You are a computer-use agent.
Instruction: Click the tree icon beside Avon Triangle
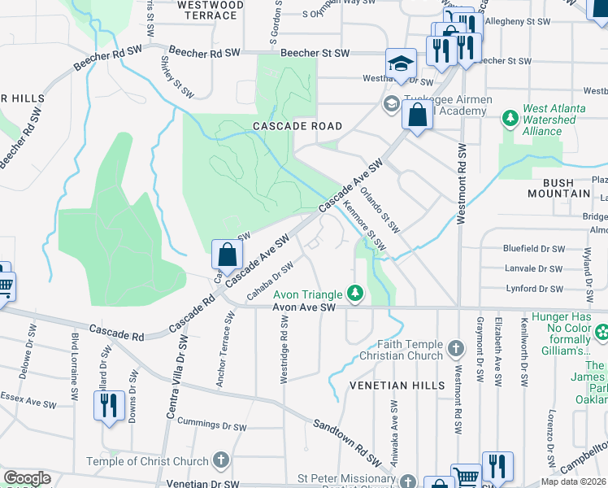[354, 292]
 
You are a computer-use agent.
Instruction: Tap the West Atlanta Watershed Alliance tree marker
[510, 119]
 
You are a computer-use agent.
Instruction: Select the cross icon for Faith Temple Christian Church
[456, 350]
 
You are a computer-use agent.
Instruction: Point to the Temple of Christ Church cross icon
[219, 461]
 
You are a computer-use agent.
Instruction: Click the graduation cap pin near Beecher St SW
[399, 64]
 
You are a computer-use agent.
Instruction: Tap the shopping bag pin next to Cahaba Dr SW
[227, 255]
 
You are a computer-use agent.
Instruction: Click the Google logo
[27, 477]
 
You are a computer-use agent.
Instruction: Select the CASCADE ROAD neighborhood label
[297, 127]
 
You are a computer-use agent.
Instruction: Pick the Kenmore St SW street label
[363, 225]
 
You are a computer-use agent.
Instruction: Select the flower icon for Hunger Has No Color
[602, 332]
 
